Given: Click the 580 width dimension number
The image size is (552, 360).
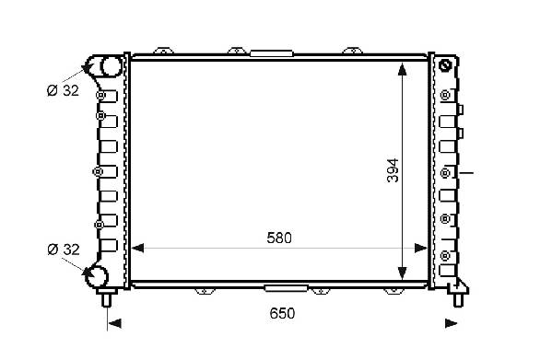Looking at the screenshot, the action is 279,238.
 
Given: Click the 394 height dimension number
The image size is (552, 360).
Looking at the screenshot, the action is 393,170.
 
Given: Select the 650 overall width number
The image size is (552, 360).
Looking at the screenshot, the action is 282,313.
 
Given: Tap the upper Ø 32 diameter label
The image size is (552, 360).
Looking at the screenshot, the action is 63,90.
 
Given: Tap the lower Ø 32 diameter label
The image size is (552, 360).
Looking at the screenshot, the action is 64,250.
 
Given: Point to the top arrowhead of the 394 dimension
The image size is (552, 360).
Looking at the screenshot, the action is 402,69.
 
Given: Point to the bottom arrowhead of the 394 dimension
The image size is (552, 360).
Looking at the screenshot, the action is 402,273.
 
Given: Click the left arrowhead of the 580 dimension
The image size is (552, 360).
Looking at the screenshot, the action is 137,249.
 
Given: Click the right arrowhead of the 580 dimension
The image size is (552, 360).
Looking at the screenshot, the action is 421,249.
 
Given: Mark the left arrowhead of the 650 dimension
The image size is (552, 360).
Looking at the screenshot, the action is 115,323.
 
